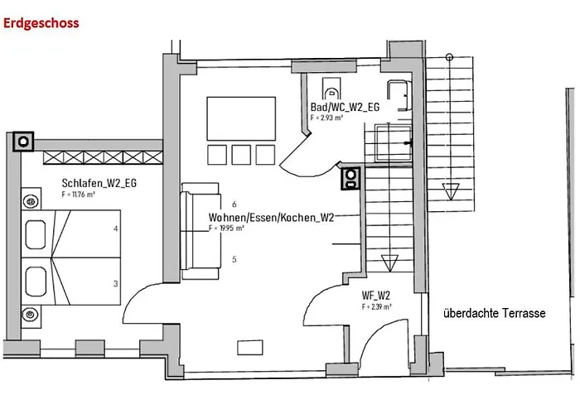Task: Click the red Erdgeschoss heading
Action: [41, 23]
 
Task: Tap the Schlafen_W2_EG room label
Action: [99, 183]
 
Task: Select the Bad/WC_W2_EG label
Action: [345, 107]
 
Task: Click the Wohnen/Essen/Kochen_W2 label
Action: [271, 217]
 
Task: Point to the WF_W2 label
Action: [376, 296]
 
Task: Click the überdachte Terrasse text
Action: [494, 313]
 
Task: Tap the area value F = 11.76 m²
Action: [79, 194]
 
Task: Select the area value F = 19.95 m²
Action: [226, 228]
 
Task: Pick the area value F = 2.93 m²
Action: [326, 118]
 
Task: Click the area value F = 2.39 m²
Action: [376, 306]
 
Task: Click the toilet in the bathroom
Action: [331, 88]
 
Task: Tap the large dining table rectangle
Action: [241, 118]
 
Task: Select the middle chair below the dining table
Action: [241, 155]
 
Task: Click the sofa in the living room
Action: [201, 231]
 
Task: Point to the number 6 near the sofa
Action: [234, 204]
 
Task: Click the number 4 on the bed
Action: [116, 229]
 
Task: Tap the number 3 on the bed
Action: [116, 283]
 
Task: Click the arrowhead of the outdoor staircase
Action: [451, 191]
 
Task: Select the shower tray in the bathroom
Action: [393, 143]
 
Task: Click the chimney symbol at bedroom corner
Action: [23, 142]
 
